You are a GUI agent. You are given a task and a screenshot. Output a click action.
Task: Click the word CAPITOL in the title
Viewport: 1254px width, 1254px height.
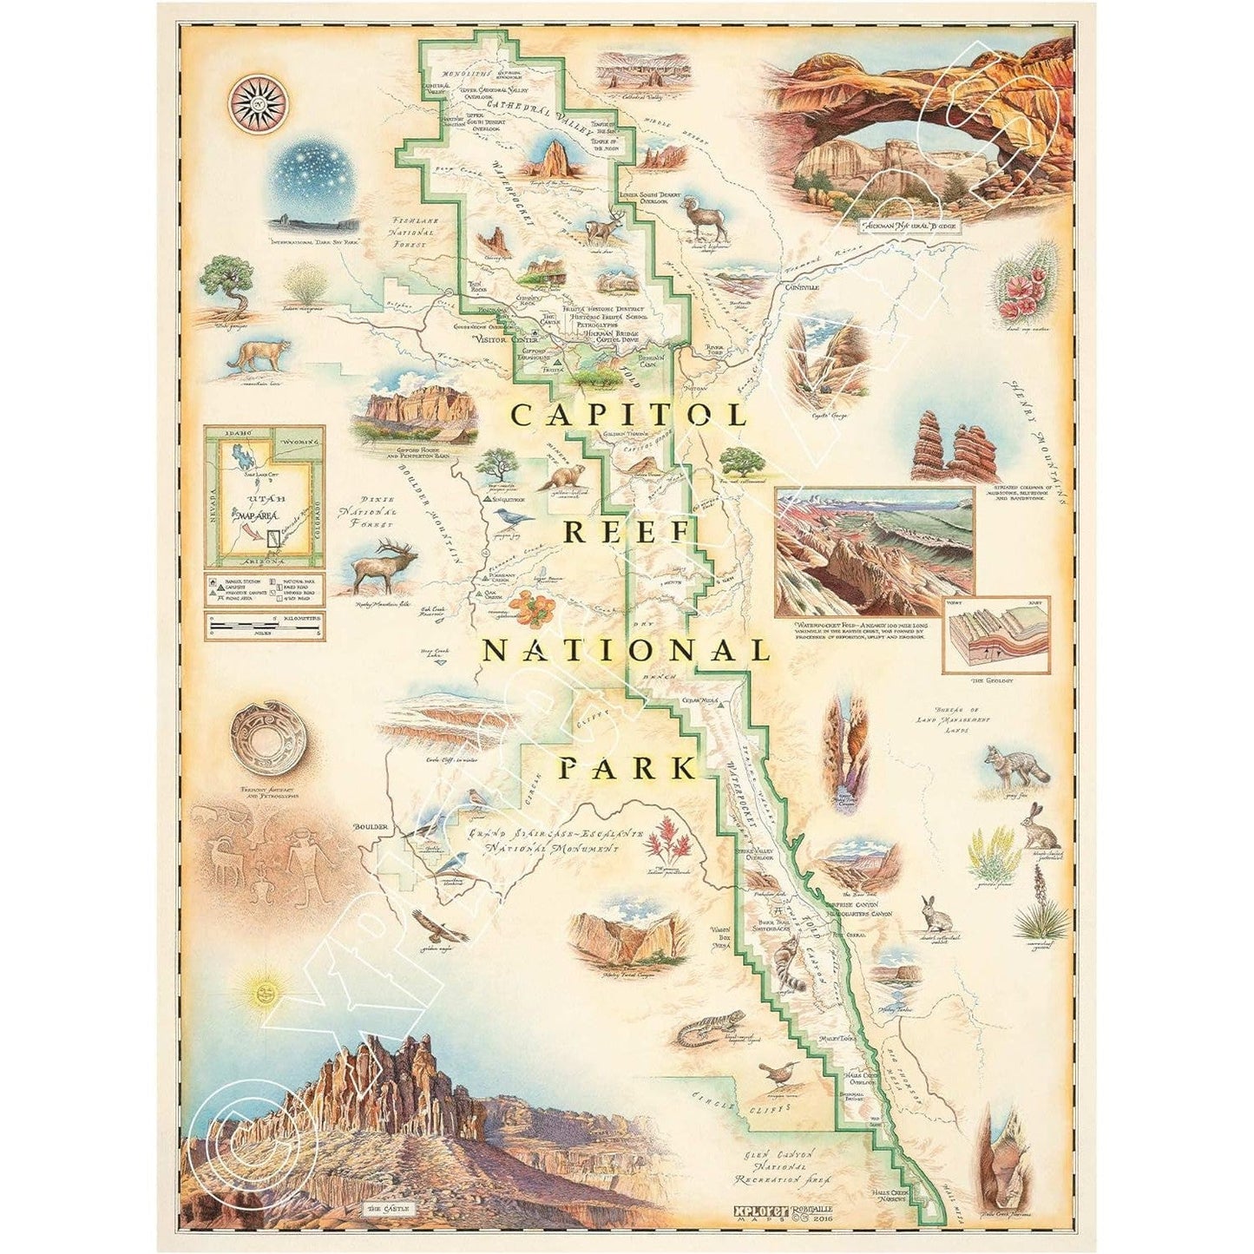(x=628, y=415)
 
